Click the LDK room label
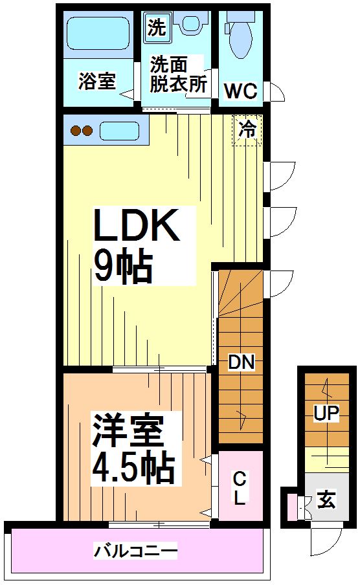137,226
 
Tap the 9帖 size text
123,266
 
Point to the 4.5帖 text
132,465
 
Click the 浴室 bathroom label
97,82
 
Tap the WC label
240,91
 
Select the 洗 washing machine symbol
156,27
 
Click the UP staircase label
326,413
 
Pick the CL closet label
240,489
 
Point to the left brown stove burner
76,131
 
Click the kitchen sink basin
120,131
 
